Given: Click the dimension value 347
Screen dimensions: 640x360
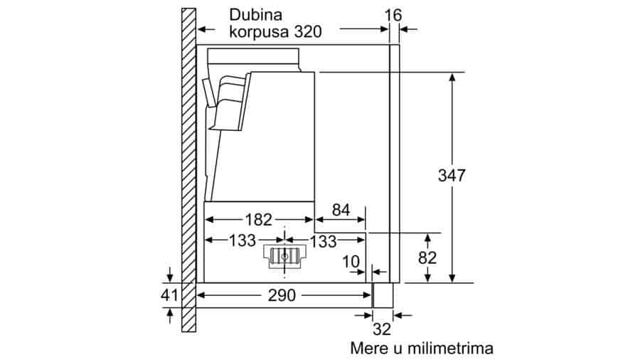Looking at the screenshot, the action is point(452,176).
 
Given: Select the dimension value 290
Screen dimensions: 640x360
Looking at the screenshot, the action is point(282,295).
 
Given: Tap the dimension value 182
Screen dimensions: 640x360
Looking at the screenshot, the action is point(258,220).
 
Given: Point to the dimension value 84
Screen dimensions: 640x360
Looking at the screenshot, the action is point(341,210).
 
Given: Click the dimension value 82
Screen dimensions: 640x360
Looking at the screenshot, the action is point(427,258).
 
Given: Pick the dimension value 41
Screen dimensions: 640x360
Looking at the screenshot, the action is point(169,295).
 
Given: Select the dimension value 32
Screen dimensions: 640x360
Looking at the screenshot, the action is point(382,329).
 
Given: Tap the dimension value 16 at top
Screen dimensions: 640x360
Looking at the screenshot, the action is point(393,16).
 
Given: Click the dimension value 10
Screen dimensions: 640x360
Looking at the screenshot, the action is point(351,262).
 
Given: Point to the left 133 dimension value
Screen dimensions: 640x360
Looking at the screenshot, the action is point(242,240).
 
